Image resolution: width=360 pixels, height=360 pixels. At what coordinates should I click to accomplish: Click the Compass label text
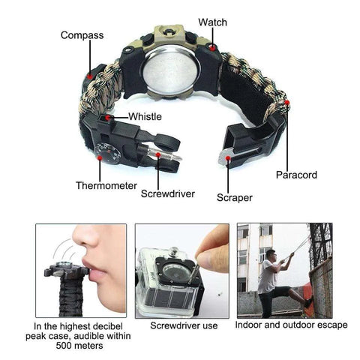[x=82, y=35]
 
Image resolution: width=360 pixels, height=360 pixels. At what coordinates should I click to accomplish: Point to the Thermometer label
[x=105, y=184]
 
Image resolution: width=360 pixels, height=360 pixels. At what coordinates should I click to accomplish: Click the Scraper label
[x=234, y=198]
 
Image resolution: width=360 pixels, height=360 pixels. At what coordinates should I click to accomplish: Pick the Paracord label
[x=295, y=175]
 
